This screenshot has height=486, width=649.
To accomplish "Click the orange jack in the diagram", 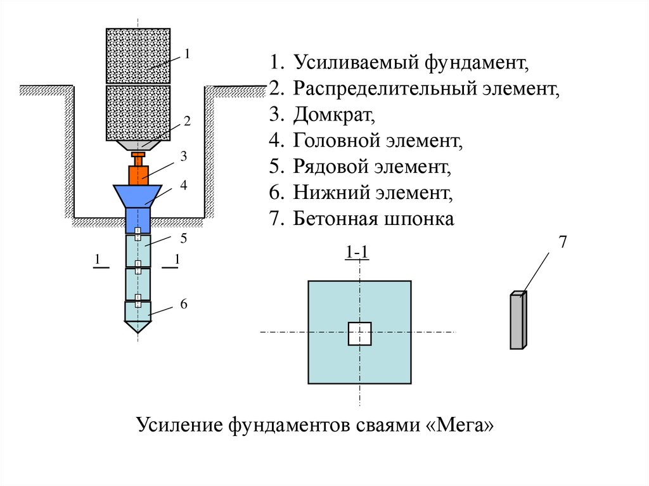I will coord(138,174).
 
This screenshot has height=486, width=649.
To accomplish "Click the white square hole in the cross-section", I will coord(359,333).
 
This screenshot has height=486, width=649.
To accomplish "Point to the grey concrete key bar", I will coord(517,321).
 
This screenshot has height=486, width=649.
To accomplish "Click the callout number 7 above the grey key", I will coord(562,242).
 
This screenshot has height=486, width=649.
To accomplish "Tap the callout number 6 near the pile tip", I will coord(184,304).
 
